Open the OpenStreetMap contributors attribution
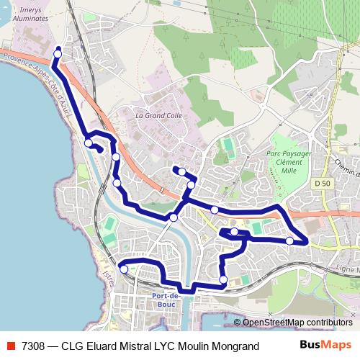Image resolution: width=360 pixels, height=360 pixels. pyautogui.click(x=297, y=323)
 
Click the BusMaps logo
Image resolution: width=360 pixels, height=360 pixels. pyautogui.click(x=325, y=345)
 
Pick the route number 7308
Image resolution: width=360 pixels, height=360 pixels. pyautogui.click(x=33, y=346)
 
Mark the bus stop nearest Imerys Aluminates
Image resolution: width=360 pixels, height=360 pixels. pyautogui.click(x=58, y=51)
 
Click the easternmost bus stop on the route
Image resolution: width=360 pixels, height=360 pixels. pyautogui.click(x=289, y=240)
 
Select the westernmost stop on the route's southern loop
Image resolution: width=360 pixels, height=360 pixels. pyautogui.click(x=125, y=269)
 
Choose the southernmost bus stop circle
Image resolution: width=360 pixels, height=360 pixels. pyautogui.click(x=223, y=279)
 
